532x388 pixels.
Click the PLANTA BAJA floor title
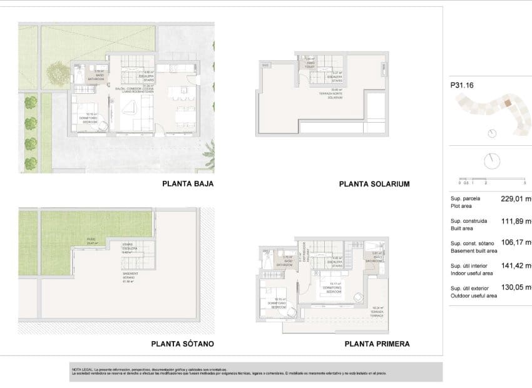[x=188, y=184]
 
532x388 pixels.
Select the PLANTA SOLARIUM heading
[x=374, y=184]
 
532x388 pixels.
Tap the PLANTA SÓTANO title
[x=183, y=344]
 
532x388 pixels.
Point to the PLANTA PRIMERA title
[x=377, y=344]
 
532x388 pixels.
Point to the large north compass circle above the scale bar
[x=493, y=160]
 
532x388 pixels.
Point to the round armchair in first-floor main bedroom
[x=357, y=296]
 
